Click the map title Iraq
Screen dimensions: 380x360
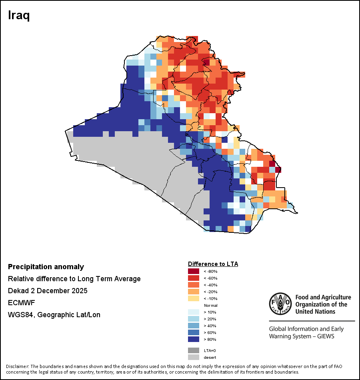coord(19,16)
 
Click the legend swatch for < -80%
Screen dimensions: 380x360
coord(193,271)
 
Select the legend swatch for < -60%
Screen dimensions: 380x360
coord(193,278)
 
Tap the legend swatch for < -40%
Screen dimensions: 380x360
coord(193,285)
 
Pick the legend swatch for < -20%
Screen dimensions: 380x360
coord(193,292)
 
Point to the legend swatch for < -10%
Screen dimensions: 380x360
coord(193,298)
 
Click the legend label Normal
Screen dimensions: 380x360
coord(210,306)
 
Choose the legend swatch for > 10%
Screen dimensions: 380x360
coord(193,312)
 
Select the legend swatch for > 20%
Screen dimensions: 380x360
coord(193,319)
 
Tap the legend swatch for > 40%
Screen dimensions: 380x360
coord(193,326)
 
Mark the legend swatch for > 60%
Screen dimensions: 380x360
coord(193,333)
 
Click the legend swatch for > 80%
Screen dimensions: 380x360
coord(193,340)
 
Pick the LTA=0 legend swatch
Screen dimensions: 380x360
coord(193,350)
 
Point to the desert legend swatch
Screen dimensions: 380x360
coord(193,357)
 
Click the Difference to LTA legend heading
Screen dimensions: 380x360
coord(213,264)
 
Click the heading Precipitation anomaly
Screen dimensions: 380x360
coord(46,267)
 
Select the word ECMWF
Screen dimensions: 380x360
coord(20,303)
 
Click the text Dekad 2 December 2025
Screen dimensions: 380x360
coord(48,291)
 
